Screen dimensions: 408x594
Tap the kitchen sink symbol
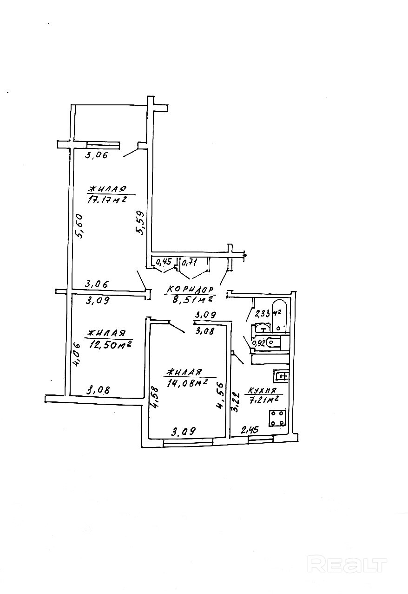282,375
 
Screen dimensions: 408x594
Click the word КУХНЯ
262,390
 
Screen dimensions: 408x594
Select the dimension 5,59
141,224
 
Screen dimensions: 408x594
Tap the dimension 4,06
77,355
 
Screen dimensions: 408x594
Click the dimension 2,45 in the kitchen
250,431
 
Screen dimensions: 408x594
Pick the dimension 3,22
236,402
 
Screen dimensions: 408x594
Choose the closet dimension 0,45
163,263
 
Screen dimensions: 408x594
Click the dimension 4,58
155,398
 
